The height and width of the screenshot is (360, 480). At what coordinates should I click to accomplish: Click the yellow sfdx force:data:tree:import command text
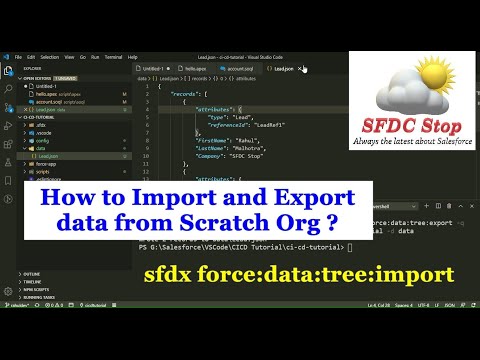340,273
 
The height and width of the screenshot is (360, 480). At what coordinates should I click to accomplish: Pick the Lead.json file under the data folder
48,157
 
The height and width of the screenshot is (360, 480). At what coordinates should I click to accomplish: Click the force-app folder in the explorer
46,164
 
